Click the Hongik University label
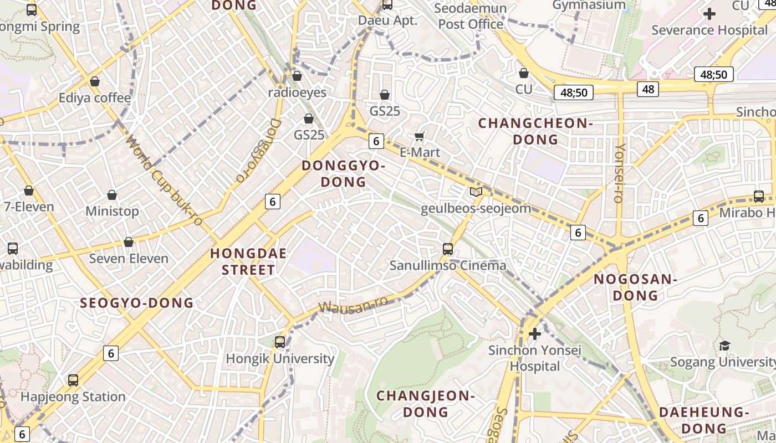click(x=280, y=359)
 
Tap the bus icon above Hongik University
click(x=280, y=342)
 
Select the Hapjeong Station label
click(x=73, y=396)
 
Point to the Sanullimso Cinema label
click(x=448, y=265)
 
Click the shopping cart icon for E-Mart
click(x=420, y=136)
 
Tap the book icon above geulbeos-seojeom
click(x=476, y=192)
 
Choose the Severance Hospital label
click(x=709, y=30)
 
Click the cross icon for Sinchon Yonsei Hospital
click(x=535, y=334)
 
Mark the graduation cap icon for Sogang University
click(x=724, y=346)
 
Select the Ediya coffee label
click(x=95, y=98)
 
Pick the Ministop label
click(x=112, y=211)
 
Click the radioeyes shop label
click(x=297, y=92)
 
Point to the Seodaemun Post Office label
click(x=471, y=16)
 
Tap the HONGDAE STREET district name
click(x=248, y=262)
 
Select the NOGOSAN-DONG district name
click(x=635, y=287)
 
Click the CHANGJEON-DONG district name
click(x=426, y=404)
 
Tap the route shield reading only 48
click(x=647, y=89)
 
